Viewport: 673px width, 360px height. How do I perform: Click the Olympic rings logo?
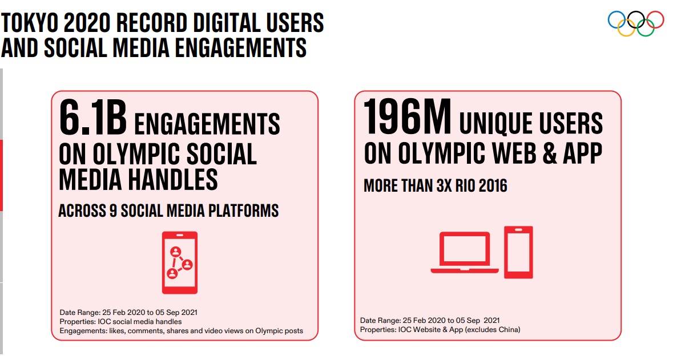pos(635,23)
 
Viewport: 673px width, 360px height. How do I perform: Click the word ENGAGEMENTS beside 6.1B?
pos(207,124)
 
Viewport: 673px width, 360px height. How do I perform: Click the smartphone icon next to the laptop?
pos(518,252)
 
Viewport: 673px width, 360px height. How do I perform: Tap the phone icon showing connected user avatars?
pos(180,262)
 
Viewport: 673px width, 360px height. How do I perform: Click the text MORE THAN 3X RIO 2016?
pos(435,186)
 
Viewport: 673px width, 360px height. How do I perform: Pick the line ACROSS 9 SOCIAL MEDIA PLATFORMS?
pos(168,211)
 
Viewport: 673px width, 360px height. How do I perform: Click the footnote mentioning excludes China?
pos(440,329)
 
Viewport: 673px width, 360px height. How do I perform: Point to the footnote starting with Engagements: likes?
pos(181,330)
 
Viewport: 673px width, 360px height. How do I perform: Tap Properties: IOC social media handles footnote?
pos(120,321)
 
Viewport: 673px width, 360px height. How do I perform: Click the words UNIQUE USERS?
pos(531,124)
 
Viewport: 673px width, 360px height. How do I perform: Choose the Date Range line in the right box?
pos(429,320)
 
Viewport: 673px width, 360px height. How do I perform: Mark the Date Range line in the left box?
pos(128,312)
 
